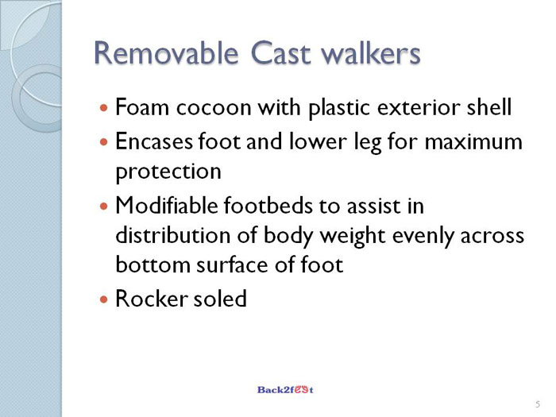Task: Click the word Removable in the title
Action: point(165,53)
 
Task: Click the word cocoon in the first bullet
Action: point(214,107)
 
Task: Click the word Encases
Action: point(154,141)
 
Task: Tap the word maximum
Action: point(473,142)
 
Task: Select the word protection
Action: point(168,172)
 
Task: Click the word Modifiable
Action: point(167,205)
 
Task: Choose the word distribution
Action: point(173,235)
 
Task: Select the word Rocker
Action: point(152,299)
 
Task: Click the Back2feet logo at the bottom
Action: point(285,390)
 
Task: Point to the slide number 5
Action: point(538,404)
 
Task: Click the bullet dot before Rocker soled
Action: point(103,299)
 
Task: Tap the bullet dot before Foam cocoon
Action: point(103,107)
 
